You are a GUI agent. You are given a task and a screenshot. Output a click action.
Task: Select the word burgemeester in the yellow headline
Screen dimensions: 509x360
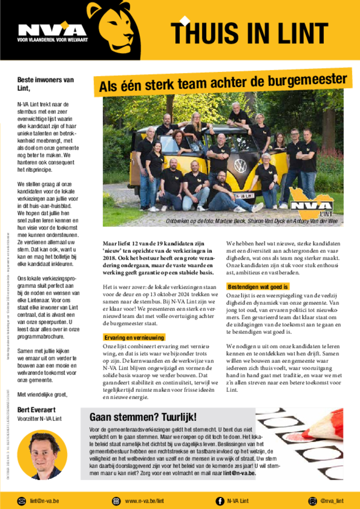(x=307, y=80)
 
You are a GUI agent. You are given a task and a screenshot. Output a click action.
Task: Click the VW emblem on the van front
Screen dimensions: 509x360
(x=240, y=166)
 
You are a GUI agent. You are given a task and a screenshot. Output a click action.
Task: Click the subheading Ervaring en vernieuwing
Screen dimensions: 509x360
(x=134, y=337)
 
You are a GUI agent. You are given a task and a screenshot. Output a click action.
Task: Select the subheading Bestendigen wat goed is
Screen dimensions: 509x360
(x=257, y=287)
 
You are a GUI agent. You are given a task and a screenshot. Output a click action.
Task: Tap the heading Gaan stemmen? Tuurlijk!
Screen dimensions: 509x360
(x=143, y=417)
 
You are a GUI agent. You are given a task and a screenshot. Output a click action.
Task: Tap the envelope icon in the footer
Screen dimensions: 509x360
(x=21, y=501)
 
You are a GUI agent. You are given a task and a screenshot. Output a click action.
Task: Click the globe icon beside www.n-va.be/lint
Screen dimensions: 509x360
(x=116, y=501)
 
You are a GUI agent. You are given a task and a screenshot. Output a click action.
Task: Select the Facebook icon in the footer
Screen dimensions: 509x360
(x=219, y=501)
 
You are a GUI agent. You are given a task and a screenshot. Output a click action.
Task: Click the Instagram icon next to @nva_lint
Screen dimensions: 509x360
(x=313, y=501)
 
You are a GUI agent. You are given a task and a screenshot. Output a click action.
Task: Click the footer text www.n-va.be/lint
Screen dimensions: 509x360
(x=144, y=501)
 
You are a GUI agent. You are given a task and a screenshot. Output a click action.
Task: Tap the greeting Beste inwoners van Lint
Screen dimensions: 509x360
(x=45, y=84)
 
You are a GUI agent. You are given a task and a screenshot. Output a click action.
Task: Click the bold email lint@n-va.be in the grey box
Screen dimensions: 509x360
(x=240, y=473)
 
